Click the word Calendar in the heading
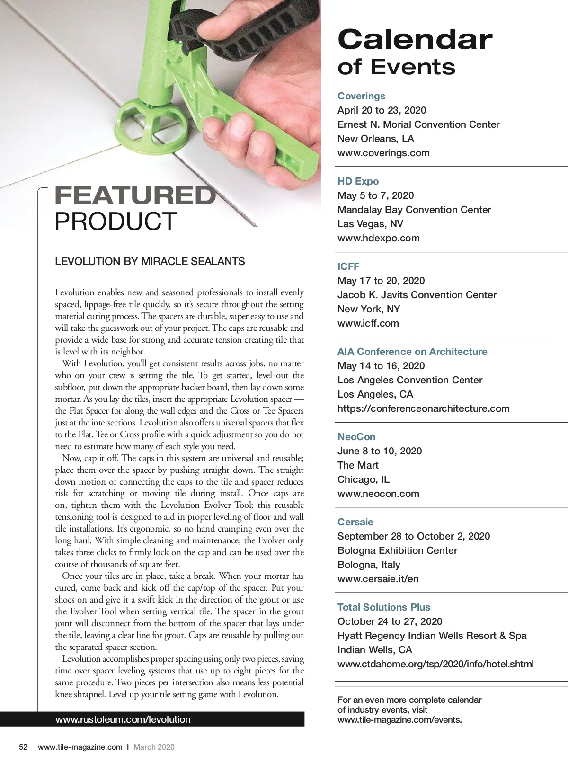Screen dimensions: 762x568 (x=415, y=40)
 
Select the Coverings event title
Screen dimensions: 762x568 (x=361, y=96)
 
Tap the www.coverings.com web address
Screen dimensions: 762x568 (x=383, y=153)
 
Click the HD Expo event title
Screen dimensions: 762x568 (x=358, y=181)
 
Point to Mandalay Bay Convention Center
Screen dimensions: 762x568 (x=414, y=210)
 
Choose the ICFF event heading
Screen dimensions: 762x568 (x=348, y=266)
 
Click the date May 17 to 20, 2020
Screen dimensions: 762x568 (x=381, y=281)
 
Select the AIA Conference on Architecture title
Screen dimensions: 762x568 (x=412, y=352)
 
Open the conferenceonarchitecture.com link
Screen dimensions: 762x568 (x=424, y=408)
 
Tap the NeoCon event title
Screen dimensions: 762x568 (x=356, y=437)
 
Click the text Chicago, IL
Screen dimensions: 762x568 (x=364, y=479)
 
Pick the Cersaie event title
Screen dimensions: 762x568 (x=355, y=522)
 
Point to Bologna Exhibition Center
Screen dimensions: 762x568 (x=398, y=550)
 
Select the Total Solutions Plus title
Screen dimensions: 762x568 (x=384, y=607)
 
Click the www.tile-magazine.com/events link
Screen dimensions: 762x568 (x=399, y=720)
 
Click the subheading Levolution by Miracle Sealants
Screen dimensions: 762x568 (x=150, y=262)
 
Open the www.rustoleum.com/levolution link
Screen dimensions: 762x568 (x=123, y=719)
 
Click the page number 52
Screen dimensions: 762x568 (x=23, y=747)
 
